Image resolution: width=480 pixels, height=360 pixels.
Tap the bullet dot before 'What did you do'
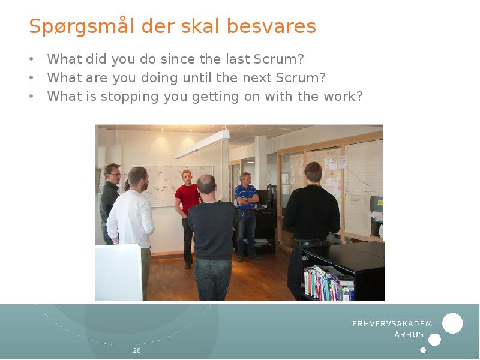31,60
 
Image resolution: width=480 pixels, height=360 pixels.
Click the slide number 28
137,350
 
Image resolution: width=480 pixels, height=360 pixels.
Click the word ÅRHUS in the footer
409,335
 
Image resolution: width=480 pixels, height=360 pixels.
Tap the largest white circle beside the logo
452,323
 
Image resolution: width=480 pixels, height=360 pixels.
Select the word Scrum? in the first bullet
284,59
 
